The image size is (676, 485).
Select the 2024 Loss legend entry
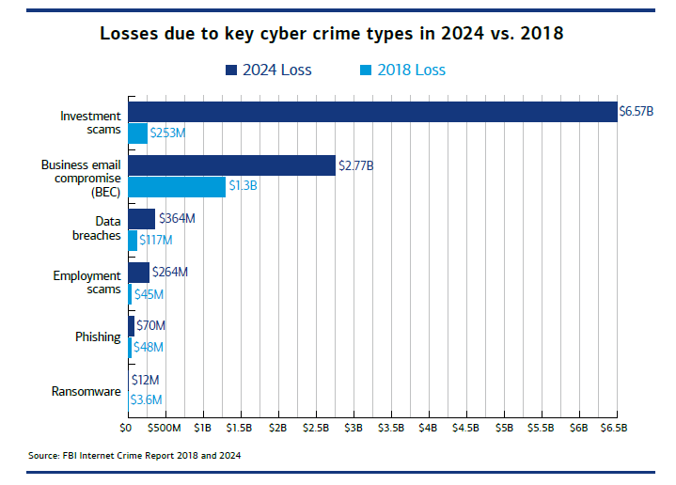click(268, 70)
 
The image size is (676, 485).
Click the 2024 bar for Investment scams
click(371, 111)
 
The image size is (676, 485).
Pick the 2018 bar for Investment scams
click(137, 133)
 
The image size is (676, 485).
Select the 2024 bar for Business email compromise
click(231, 164)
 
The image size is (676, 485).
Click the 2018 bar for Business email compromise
click(177, 187)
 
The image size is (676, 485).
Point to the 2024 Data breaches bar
click(142, 219)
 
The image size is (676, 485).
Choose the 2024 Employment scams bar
click(138, 273)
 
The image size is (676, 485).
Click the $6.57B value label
click(636, 111)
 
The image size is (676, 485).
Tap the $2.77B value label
click(356, 165)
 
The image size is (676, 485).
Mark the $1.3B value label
click(243, 187)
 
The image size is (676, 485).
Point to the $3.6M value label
click(146, 399)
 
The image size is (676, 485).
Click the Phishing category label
click(98, 336)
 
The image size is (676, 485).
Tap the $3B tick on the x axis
click(353, 428)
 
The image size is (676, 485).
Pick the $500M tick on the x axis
click(165, 428)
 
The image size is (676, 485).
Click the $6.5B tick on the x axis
click(616, 428)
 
